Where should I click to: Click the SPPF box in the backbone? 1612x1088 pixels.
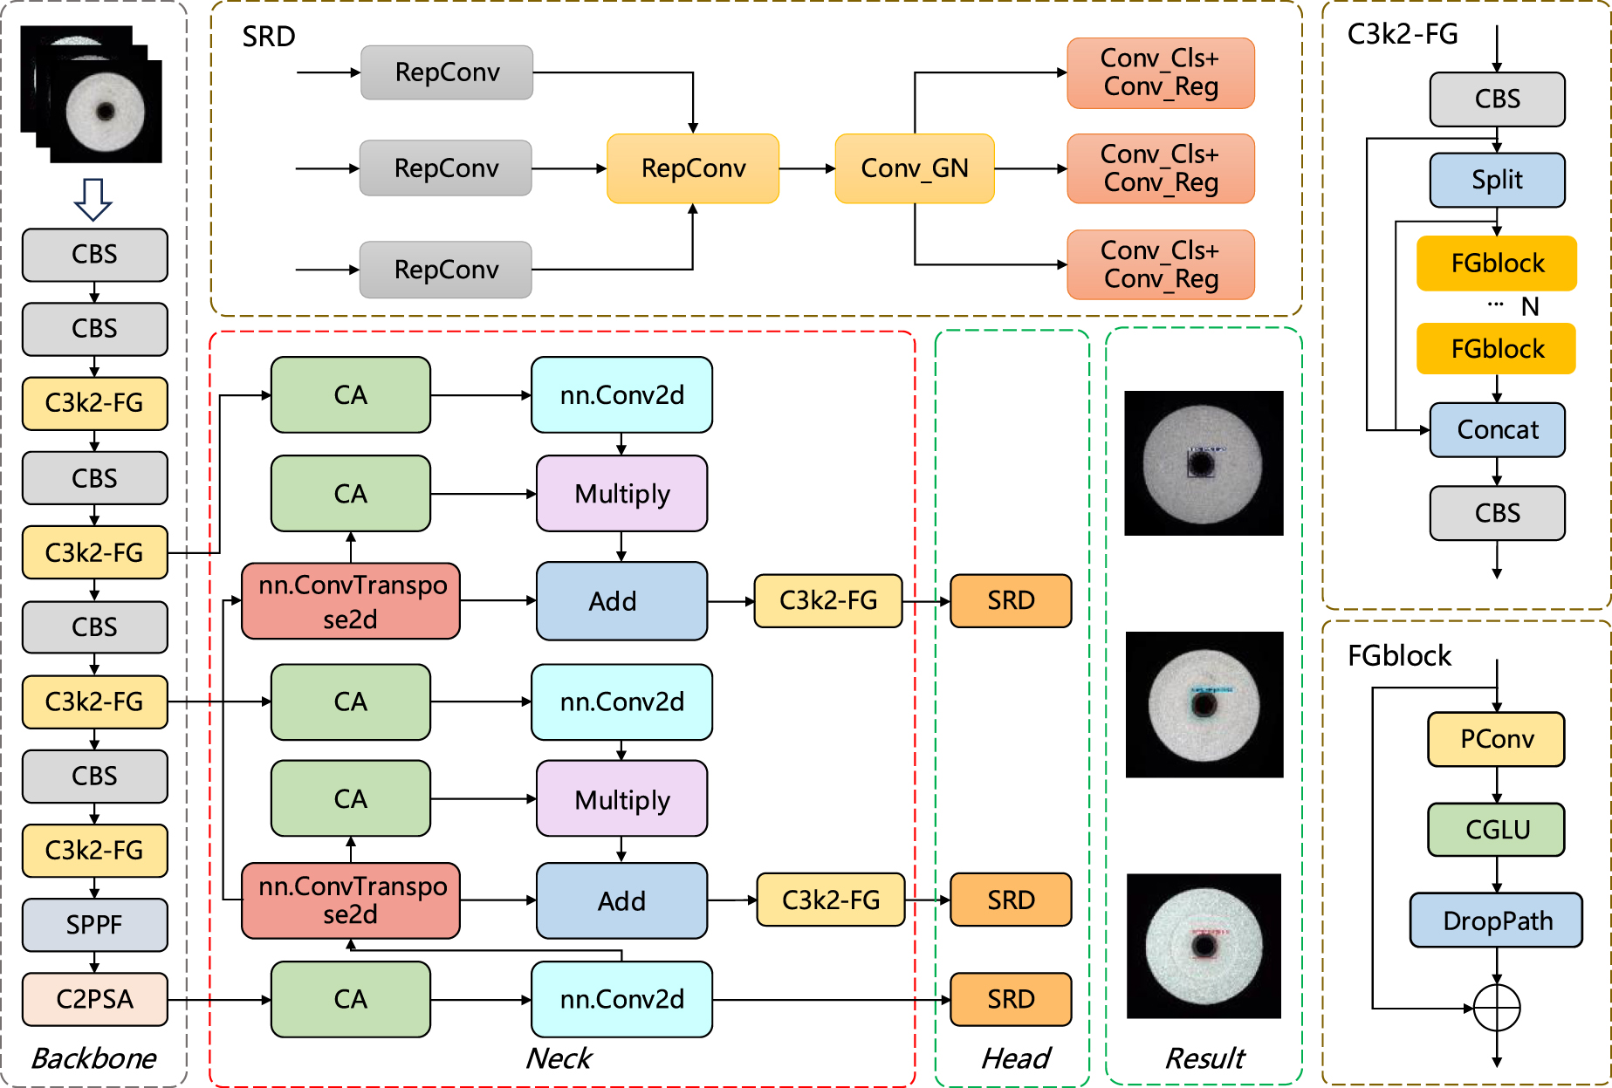pyautogui.click(x=94, y=924)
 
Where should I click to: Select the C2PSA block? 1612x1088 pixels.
pyautogui.click(x=94, y=998)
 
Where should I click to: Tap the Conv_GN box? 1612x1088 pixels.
pyautogui.click(x=914, y=168)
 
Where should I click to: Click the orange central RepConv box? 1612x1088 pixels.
pyautogui.click(x=693, y=168)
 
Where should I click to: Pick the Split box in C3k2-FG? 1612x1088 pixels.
pyautogui.click(x=1497, y=180)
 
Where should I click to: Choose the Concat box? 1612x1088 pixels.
pyautogui.click(x=1497, y=429)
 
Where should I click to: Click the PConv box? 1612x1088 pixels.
pyautogui.click(x=1496, y=739)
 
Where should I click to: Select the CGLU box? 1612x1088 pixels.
pyautogui.click(x=1496, y=829)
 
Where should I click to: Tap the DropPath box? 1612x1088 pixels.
pyautogui.click(x=1496, y=920)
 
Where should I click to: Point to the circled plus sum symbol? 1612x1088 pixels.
pyautogui.click(x=1496, y=1008)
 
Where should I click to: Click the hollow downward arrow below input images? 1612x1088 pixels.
pyautogui.click(x=93, y=199)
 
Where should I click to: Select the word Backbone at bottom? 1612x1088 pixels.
pyautogui.click(x=93, y=1058)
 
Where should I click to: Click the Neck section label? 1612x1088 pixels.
pyautogui.click(x=559, y=1058)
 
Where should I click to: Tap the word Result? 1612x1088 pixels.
pyautogui.click(x=1204, y=1058)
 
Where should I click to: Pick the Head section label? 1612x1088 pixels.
pyautogui.click(x=1015, y=1058)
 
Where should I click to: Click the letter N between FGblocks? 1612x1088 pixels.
pyautogui.click(x=1529, y=307)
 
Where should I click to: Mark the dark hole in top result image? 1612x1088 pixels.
pyautogui.click(x=1201, y=462)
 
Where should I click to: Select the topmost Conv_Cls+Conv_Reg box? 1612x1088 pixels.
pyautogui.click(x=1160, y=72)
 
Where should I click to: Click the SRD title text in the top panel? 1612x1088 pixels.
pyautogui.click(x=268, y=37)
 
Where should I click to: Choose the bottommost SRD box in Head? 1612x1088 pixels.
pyautogui.click(x=1010, y=998)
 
